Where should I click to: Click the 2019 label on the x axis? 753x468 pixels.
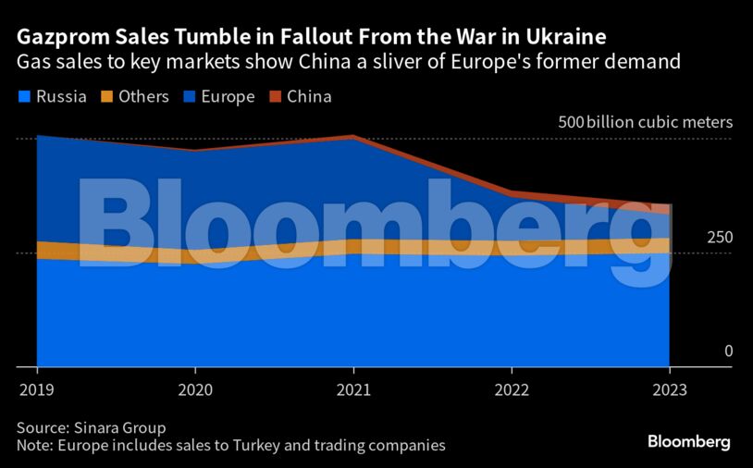point(36,390)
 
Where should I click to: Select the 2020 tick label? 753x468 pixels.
point(194,390)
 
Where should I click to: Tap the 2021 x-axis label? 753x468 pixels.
point(352,390)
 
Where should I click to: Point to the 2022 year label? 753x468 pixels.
point(511,390)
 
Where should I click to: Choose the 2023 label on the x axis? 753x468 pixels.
point(669,390)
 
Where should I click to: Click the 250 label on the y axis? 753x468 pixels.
point(720,238)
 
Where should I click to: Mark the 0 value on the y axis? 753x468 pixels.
point(728,351)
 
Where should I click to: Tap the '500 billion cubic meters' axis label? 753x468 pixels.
point(645,122)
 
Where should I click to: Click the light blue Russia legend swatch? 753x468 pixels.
point(24,96)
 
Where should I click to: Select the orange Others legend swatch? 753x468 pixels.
point(106,96)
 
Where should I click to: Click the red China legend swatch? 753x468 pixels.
point(275,96)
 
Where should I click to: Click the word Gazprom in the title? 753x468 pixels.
point(62,38)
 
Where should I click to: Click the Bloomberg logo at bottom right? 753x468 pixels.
point(688,442)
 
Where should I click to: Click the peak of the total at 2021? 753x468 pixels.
point(352,136)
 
